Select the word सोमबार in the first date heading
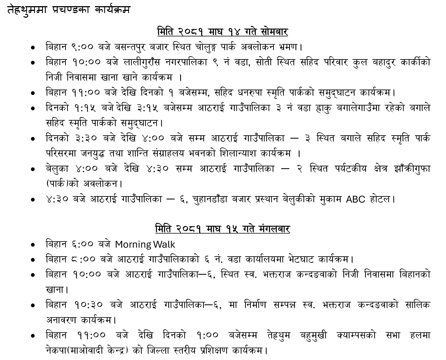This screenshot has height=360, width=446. tap(274, 32)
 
